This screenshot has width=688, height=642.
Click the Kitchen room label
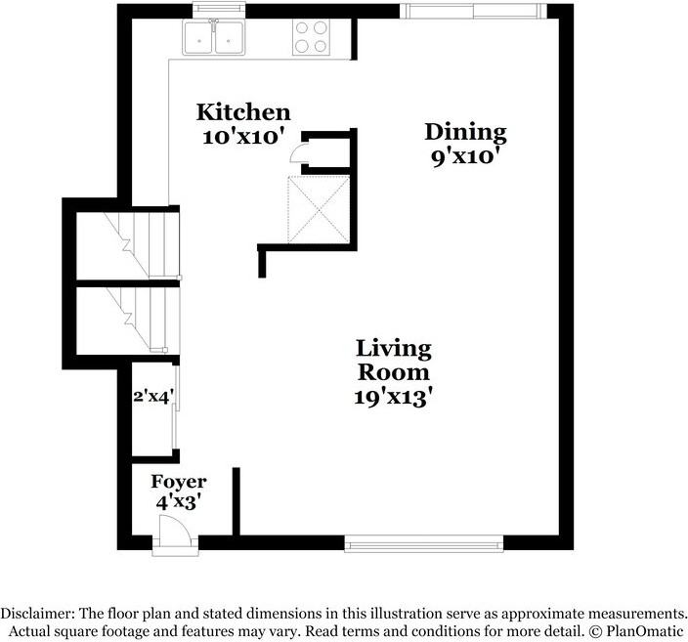click(x=243, y=112)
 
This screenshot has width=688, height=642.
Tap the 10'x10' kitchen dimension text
click(x=240, y=137)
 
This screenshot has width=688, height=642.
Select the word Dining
click(x=465, y=133)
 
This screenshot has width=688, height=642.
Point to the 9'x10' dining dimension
click(x=466, y=156)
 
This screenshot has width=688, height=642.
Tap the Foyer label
click(x=179, y=482)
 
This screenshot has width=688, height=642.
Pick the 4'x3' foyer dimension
click(x=178, y=502)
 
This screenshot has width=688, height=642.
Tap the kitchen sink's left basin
click(x=198, y=38)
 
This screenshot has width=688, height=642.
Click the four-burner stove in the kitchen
click(x=311, y=38)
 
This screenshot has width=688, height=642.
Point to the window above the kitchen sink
click(x=219, y=10)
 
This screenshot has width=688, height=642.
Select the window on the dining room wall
click(x=473, y=11)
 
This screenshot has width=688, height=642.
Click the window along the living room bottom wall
click(x=424, y=543)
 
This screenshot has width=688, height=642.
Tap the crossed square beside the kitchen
click(x=319, y=210)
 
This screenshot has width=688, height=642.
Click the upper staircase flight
click(x=128, y=245)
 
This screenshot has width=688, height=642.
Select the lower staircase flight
click(x=128, y=320)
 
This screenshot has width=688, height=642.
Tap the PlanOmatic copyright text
click(x=636, y=631)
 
